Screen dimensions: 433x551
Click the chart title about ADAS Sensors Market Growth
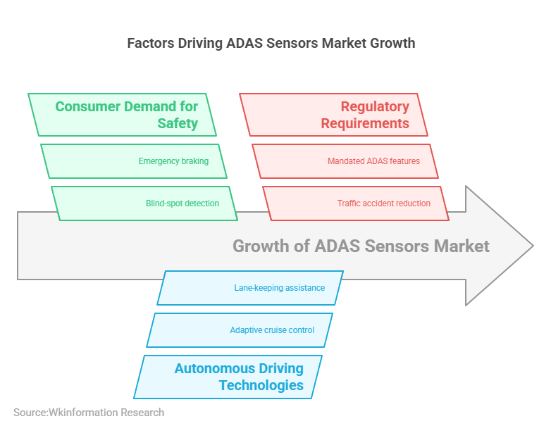point(271,43)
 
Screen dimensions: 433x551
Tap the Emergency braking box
point(134,161)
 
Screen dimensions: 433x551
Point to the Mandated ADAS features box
point(345,161)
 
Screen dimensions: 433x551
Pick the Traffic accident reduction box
point(356,203)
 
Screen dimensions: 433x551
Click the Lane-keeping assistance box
point(250,288)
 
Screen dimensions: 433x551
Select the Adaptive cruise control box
point(240,330)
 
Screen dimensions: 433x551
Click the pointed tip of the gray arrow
point(531,246)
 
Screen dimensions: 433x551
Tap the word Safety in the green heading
point(178,124)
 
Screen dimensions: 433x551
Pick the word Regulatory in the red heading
point(375,107)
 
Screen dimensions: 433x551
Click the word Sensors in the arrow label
point(395,246)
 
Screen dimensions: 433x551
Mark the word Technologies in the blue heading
point(261,386)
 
